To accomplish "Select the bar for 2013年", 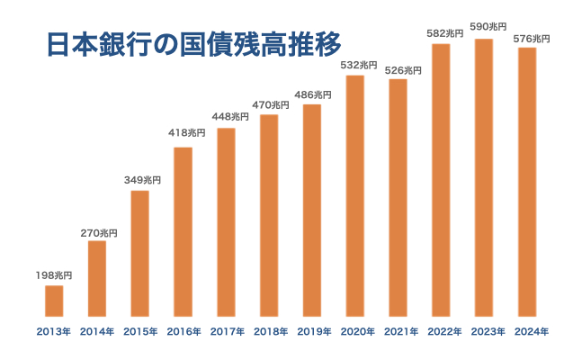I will [54, 301].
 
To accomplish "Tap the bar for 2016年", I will [183, 231].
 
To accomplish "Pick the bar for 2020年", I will [355, 195].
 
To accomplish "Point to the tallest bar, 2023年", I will [484, 177].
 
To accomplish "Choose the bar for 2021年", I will [398, 198].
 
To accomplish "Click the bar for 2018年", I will [269, 216].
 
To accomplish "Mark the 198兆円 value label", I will [54, 274].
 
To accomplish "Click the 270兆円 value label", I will [97, 233].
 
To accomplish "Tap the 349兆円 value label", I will [140, 180].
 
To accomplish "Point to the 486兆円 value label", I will [312, 94].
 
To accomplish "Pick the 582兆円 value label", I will [443, 33].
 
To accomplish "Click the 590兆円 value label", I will [486, 27].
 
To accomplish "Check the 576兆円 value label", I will [529, 39].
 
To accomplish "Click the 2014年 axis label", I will [97, 332].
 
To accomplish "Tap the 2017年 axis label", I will [227, 332].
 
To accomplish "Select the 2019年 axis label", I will [312, 332].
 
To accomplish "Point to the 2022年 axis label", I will [443, 332].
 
